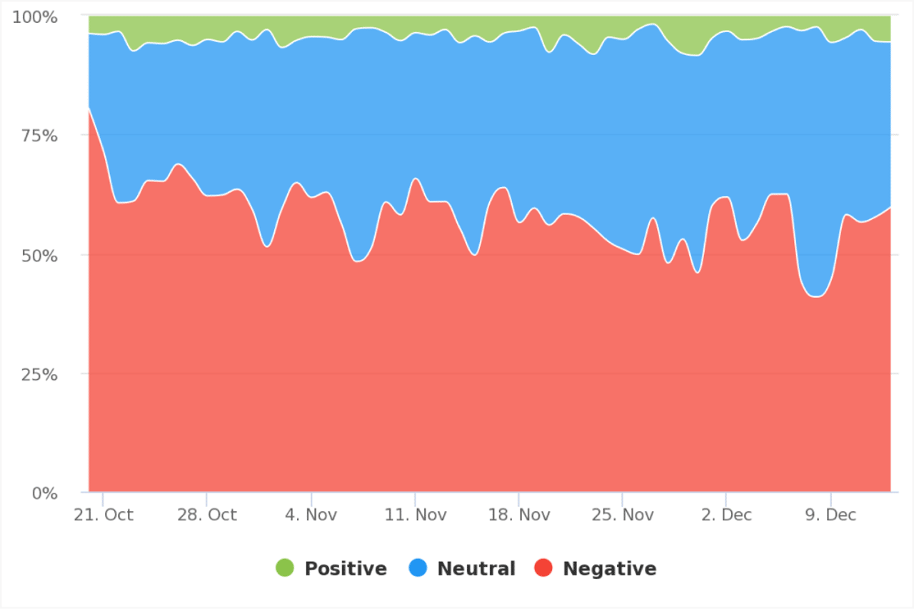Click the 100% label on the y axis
coord(34,16)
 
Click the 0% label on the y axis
coord(42,493)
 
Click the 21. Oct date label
coord(104,515)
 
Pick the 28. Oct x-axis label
coord(207,515)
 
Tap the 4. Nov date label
coord(311,515)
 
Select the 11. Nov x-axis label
coord(415,515)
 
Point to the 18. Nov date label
coord(518,515)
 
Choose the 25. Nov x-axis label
coord(622,515)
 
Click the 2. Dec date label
coord(726,515)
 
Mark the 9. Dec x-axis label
coord(830,515)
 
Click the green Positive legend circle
coord(285,569)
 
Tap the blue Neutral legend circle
coord(418,569)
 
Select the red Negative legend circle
coord(543,569)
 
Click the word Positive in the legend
coord(346,569)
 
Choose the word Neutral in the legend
coord(476,569)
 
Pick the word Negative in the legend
coord(609,569)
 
